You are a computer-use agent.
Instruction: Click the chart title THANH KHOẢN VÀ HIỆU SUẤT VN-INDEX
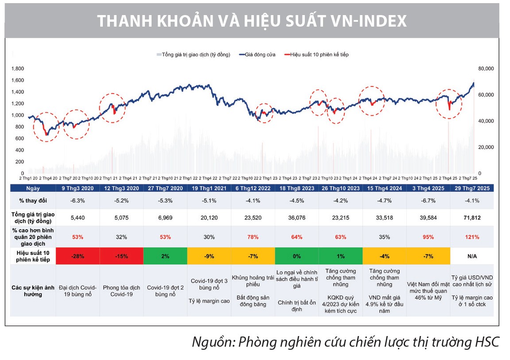click(x=252, y=21)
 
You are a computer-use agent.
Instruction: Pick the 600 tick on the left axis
click(x=19, y=138)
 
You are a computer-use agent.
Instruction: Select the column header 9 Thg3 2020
click(x=78, y=188)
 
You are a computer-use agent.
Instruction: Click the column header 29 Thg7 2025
click(x=472, y=188)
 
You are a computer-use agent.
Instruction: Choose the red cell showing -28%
click(x=78, y=256)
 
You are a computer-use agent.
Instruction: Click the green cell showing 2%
click(x=165, y=256)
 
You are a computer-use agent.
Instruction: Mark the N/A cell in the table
click(x=472, y=256)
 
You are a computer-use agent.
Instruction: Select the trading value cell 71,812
click(x=472, y=218)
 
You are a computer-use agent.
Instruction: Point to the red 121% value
click(x=472, y=237)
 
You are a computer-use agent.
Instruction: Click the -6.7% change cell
click(x=428, y=200)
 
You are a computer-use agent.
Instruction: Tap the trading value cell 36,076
click(x=297, y=218)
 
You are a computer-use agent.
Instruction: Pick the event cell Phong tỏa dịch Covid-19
click(x=121, y=291)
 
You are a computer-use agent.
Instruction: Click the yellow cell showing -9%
click(x=209, y=256)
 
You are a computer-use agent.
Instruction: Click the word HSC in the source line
click(x=487, y=342)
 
